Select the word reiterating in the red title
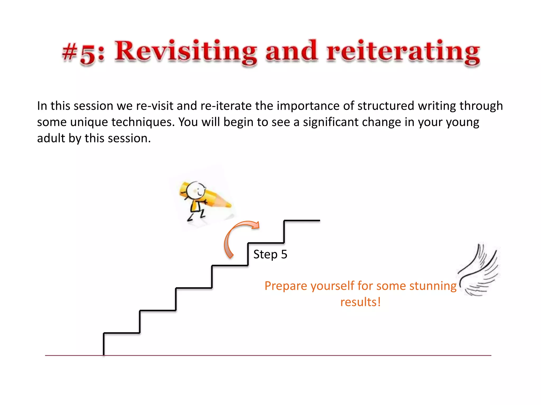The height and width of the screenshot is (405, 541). [x=403, y=51]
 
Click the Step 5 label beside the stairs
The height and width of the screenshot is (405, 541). [x=270, y=254]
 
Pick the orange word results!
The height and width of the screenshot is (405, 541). [x=360, y=302]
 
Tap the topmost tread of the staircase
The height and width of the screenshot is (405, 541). [x=302, y=220]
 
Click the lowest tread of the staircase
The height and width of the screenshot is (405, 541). [x=122, y=333]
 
